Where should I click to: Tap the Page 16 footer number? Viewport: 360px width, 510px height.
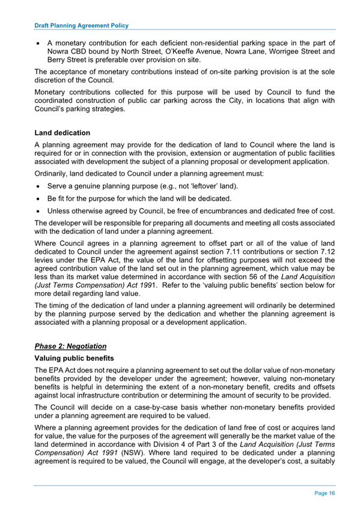pyautogui.click(x=325, y=493)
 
